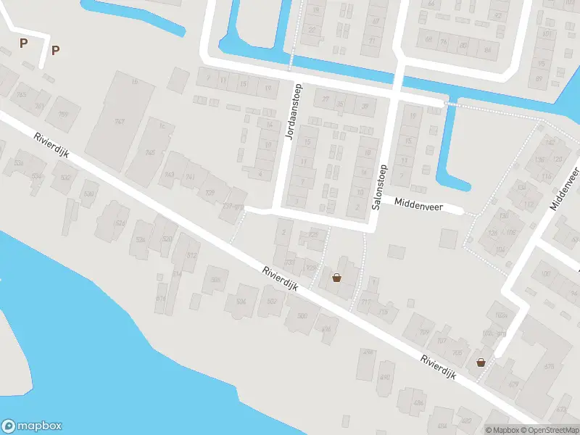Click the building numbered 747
click(x=119, y=122)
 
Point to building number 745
click(x=150, y=152)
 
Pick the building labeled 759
click(x=62, y=115)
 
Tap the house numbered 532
click(x=65, y=178)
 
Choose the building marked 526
click(x=141, y=239)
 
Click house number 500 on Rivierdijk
click(x=302, y=315)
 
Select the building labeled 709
click(x=423, y=333)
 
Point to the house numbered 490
click(x=384, y=377)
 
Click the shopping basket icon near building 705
click(x=480, y=362)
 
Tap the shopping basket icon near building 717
click(x=336, y=277)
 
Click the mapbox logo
click(x=32, y=426)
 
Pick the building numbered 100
click(x=546, y=273)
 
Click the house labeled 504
click(x=241, y=301)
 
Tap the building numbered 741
click(x=191, y=176)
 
